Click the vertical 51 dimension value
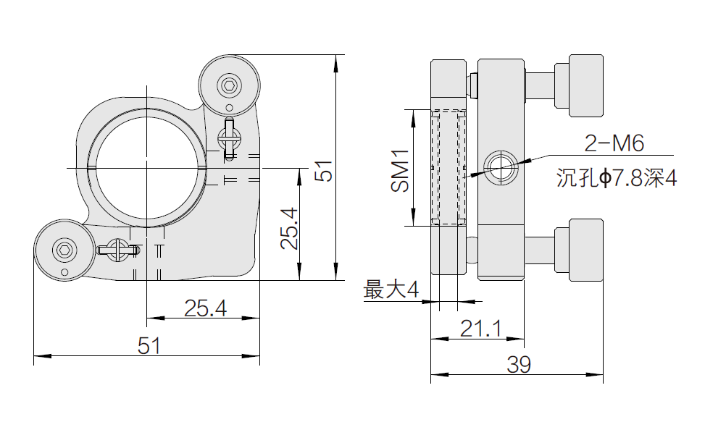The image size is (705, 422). pos(322,172)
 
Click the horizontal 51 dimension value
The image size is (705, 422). pos(149,345)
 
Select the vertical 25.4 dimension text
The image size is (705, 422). pos(288,228)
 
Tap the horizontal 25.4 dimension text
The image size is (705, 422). pos(205,308)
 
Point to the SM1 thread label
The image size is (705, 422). pos(399,172)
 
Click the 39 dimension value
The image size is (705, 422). pos(518,365)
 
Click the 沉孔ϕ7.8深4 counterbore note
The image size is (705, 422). pos(617,178)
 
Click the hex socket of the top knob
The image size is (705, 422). pos(230,85)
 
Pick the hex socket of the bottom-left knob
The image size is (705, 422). pos(64,250)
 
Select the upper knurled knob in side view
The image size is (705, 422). pos(585,85)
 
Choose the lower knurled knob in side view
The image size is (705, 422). pos(585,250)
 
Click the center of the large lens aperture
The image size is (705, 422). pos(147,167)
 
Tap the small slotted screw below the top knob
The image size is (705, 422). pos(229,137)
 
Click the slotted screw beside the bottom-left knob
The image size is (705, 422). pos(116,250)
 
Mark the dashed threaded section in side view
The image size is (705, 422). pos(449,167)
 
